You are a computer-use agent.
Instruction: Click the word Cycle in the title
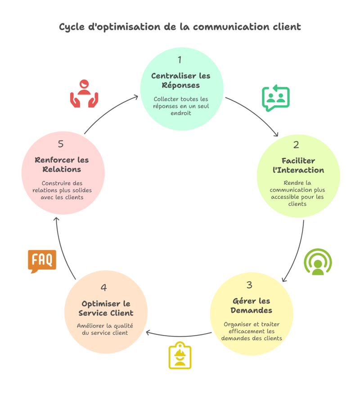pos(71,27)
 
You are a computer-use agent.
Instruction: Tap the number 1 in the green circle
pos(180,60)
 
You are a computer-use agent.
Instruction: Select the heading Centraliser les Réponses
pos(180,80)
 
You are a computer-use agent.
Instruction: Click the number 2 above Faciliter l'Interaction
pos(296,145)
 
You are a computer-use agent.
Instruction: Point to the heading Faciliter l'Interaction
pos(298,165)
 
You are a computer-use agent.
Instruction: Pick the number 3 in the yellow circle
pos(249,285)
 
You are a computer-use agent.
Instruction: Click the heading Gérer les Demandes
pos(251,306)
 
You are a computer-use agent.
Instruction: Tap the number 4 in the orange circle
pos(104,287)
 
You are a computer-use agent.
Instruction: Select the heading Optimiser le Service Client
pos(106,308)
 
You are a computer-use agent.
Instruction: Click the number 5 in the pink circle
pos(61,144)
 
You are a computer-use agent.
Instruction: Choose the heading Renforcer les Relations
pos(62,165)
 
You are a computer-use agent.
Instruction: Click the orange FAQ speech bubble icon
pos(42,261)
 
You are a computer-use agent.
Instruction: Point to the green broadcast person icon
pos(318,261)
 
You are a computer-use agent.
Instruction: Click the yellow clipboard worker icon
pos(180,356)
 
